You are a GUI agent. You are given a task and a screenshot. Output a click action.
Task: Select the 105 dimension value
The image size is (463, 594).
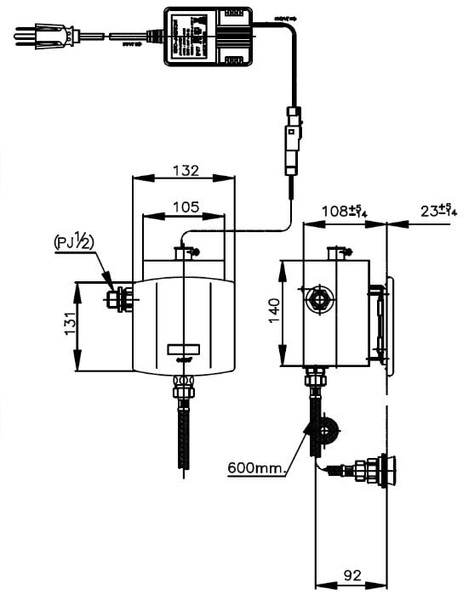coord(186,206)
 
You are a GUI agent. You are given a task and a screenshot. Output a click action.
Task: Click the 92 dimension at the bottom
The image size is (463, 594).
coord(352,575)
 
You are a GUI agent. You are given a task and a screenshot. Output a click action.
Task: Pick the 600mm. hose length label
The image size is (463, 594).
coord(257,467)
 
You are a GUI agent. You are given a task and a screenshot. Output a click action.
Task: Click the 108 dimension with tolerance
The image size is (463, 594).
coord(345,210)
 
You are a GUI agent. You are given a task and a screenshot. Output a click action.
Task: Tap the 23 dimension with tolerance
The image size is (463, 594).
coord(437,210)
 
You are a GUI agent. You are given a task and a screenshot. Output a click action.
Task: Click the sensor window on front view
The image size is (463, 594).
coord(183,348)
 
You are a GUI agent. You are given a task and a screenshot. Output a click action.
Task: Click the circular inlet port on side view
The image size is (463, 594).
coord(320,299)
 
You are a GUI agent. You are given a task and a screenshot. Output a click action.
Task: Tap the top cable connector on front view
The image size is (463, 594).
coord(183,251)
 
